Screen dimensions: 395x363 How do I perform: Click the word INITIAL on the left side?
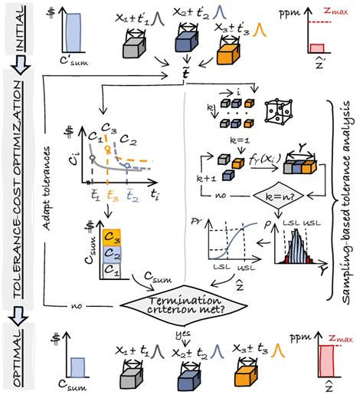point(15,33)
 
